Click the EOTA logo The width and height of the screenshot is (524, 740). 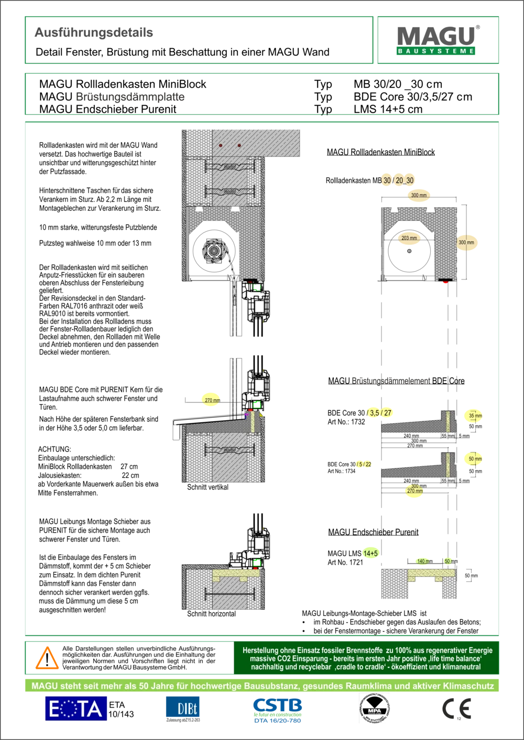(x=77, y=709)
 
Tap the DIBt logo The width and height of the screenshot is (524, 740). (x=182, y=709)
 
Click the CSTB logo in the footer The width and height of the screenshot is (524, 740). (x=277, y=710)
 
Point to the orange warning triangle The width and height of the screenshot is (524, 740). (x=47, y=658)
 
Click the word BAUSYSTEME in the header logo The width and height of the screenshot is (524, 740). (x=436, y=51)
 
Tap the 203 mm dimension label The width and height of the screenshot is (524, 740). (x=409, y=238)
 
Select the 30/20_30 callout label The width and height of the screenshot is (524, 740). (x=398, y=181)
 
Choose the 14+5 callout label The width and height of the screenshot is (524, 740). (x=370, y=553)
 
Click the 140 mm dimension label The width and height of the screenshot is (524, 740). (x=423, y=561)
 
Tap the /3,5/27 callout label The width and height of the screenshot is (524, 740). (x=378, y=413)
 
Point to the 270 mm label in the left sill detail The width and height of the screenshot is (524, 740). (x=211, y=400)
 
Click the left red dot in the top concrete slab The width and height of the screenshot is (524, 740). (x=221, y=145)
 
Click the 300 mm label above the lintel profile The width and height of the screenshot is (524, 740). (x=419, y=195)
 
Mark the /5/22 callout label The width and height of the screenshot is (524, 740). (x=364, y=464)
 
